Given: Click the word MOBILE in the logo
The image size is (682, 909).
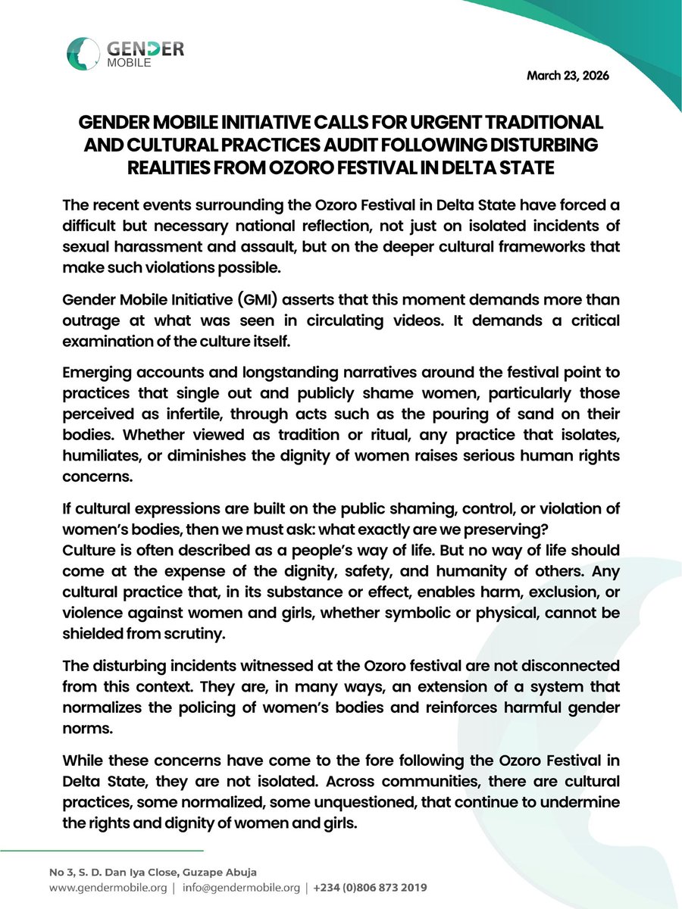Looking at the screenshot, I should [129, 64].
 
